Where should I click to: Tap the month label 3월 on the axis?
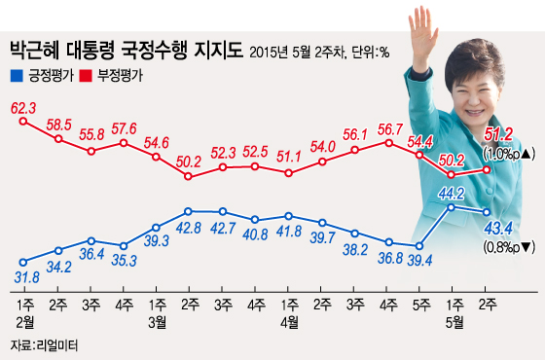pos(156,321)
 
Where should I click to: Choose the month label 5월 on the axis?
pos(453,321)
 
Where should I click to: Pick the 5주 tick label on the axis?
pos(419,305)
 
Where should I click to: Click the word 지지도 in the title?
pos(211,49)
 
